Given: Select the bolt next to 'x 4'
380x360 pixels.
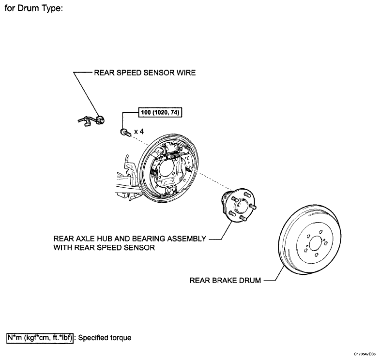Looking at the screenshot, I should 124,131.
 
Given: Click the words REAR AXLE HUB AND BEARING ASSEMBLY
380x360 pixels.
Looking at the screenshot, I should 130,239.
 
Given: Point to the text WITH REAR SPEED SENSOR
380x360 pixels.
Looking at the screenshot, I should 104,248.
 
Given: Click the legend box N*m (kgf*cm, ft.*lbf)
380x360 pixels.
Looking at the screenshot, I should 40,337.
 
